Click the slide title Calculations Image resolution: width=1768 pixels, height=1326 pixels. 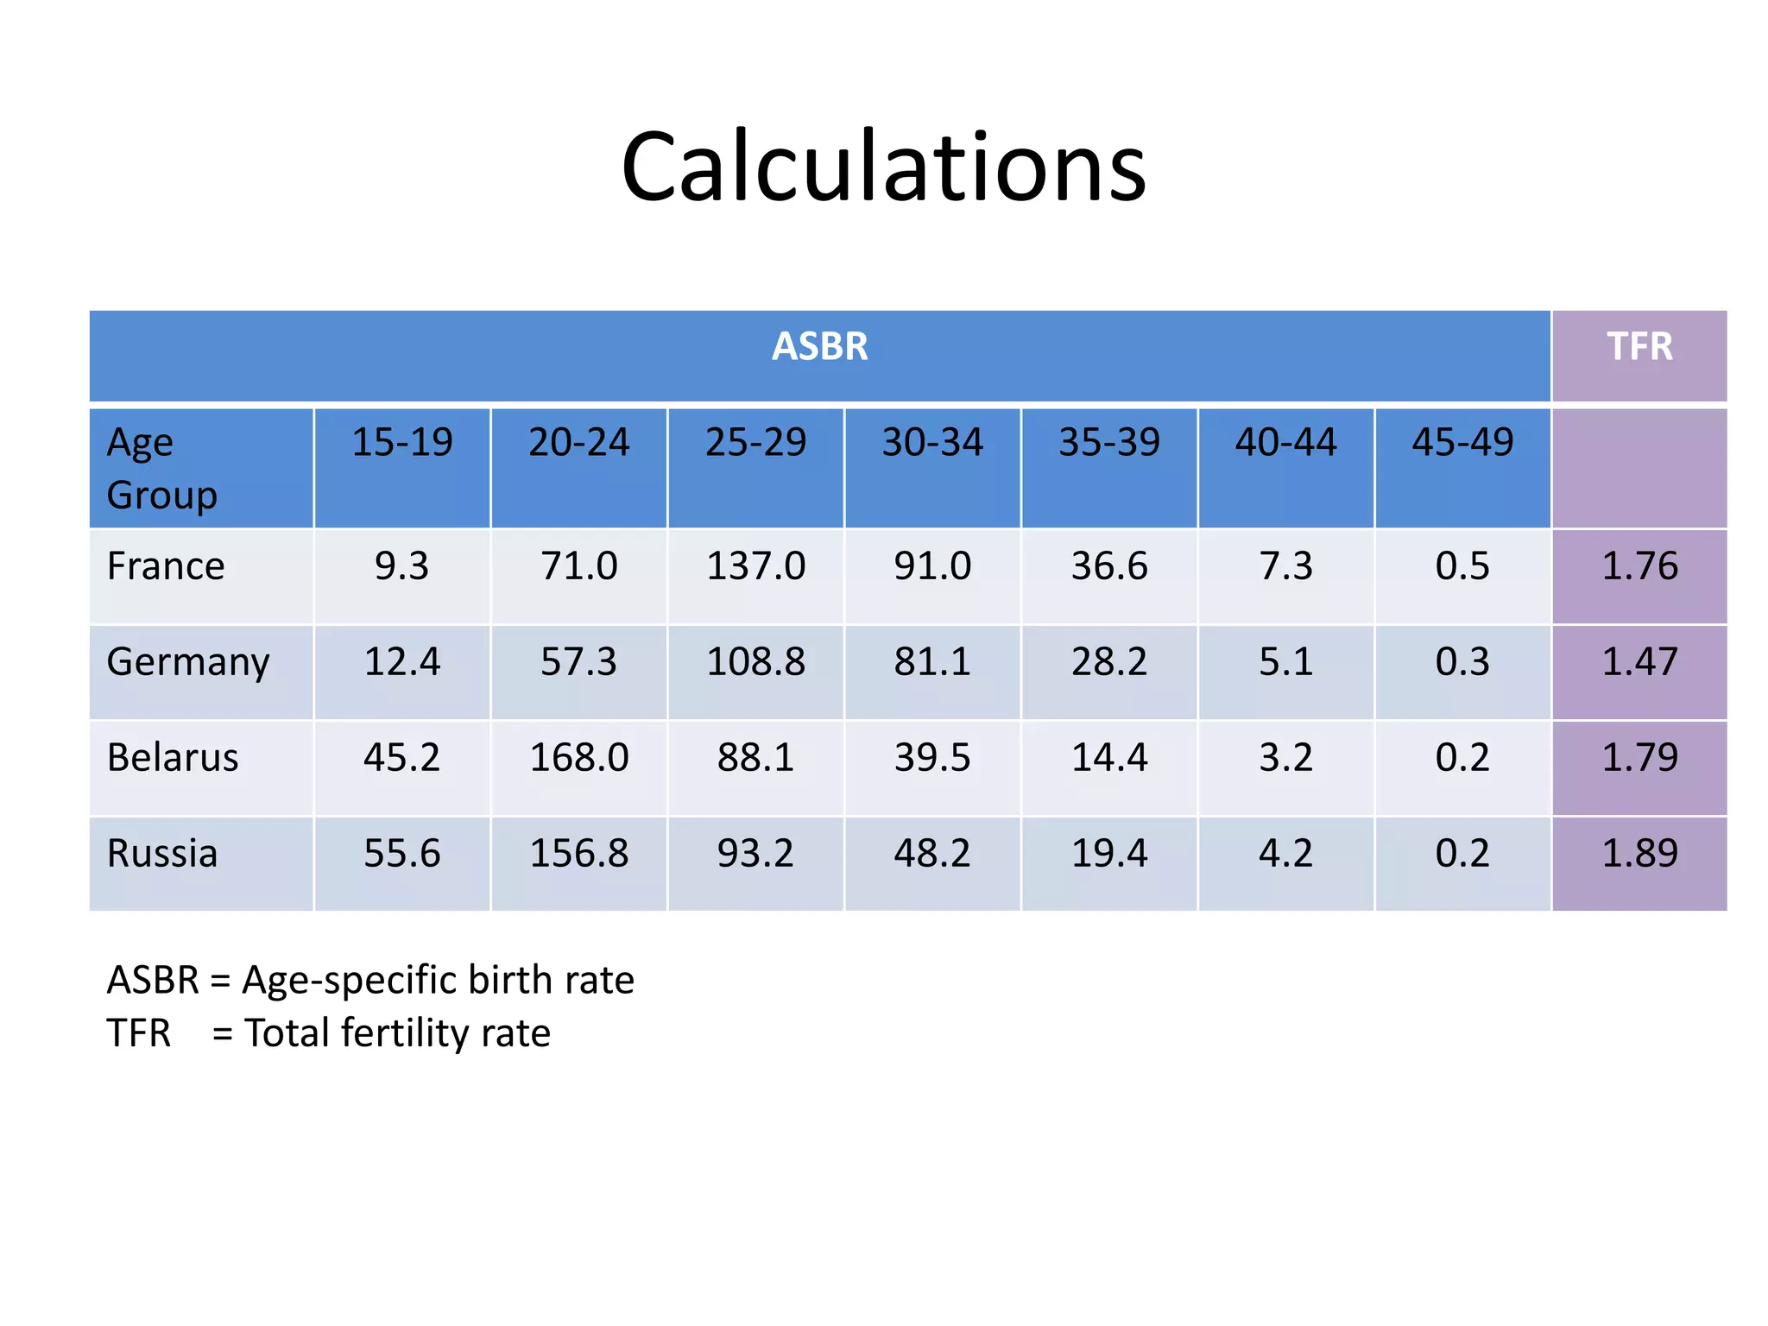point(883,167)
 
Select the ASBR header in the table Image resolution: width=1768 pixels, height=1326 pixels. point(819,347)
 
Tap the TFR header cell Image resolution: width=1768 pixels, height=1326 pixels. point(1639,347)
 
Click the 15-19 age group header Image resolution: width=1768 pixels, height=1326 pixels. point(402,443)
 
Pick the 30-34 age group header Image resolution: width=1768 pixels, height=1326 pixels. point(932,443)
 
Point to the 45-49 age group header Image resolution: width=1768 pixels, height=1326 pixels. point(1462,443)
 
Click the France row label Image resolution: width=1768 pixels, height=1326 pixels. point(166,567)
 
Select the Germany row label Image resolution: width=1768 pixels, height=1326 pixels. point(188,663)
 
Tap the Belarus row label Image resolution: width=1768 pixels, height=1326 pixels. point(173,758)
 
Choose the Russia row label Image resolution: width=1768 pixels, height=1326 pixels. point(162,854)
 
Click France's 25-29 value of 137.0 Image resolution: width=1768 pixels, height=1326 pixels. point(755,567)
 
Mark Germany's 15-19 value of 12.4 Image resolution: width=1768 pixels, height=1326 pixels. point(402,663)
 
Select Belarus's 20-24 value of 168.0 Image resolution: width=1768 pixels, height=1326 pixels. point(579,758)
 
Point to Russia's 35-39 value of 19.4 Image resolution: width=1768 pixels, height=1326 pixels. point(1109,854)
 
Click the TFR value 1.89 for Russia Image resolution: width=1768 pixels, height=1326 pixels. point(1639,854)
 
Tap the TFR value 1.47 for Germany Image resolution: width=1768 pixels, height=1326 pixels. point(1639,663)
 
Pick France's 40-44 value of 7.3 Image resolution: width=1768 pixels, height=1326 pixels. point(1286,567)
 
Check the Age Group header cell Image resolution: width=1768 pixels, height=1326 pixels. point(162,469)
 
